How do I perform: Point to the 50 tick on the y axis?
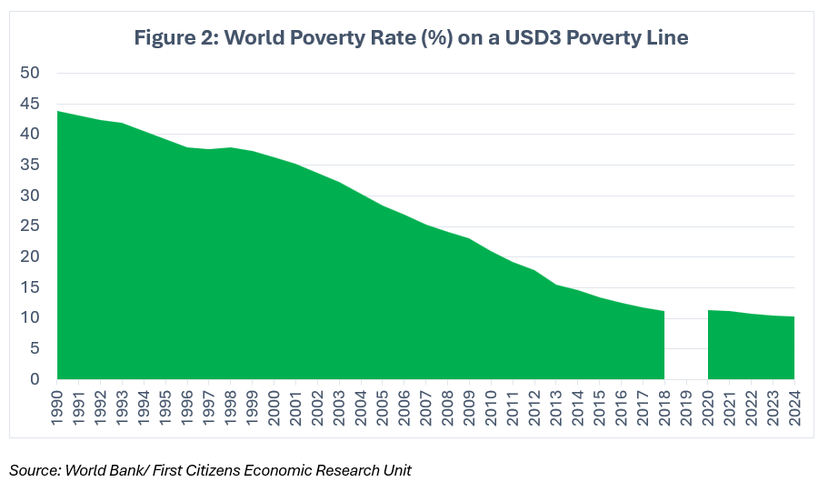(29, 74)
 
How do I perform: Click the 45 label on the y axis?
(29, 105)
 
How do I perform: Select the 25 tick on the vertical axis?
(29, 226)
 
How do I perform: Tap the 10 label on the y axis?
(29, 318)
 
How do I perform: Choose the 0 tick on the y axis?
(34, 379)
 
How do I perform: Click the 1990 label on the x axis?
(57, 406)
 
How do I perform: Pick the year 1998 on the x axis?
(231, 406)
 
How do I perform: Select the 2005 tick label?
(383, 406)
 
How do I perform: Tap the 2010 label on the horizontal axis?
(491, 406)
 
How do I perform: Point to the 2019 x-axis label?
(686, 406)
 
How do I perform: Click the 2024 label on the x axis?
(794, 406)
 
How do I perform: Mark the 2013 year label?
(556, 406)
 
